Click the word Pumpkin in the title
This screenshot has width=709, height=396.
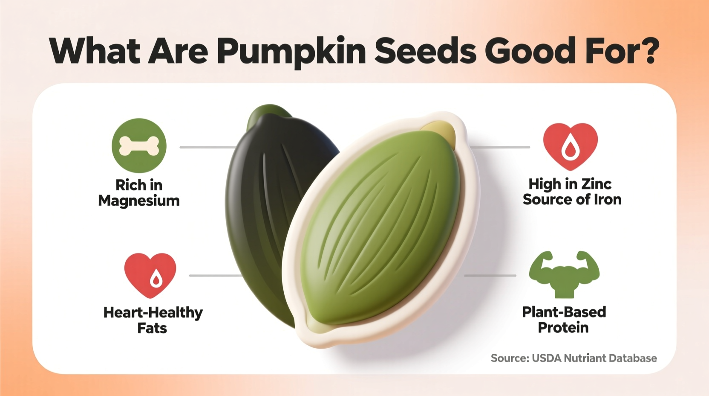pos(291,51)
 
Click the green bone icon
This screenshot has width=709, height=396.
pos(139,146)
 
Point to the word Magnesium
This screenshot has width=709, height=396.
pos(139,201)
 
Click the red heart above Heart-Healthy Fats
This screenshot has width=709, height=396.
pos(150,274)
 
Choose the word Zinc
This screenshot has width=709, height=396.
pos(596,184)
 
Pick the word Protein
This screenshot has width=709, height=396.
pos(563,328)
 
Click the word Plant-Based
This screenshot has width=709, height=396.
pos(564,312)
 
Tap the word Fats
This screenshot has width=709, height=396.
pos(152,328)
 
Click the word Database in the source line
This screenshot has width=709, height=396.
pos(633,358)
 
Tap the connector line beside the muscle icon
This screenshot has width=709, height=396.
pos(490,276)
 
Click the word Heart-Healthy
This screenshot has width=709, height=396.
pos(153,312)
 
